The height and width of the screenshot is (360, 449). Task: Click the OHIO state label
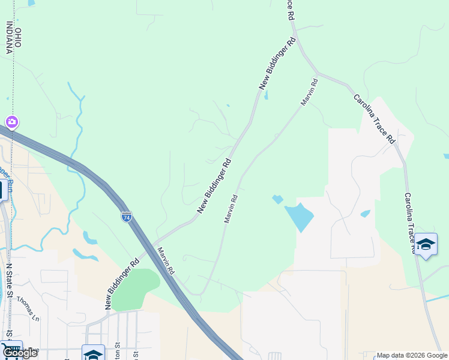pyautogui.click(x=18, y=38)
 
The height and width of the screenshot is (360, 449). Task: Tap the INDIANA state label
pyautogui.click(x=10, y=37)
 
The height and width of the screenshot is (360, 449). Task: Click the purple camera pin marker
pyautogui.click(x=11, y=123)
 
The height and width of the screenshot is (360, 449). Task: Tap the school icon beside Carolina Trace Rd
pyautogui.click(x=426, y=245)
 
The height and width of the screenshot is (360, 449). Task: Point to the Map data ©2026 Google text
pyautogui.click(x=411, y=355)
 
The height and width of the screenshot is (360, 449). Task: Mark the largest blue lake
pyautogui.click(x=298, y=217)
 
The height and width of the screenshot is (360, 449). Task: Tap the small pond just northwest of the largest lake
pyautogui.click(x=277, y=199)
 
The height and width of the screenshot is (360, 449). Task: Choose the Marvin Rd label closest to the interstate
pyautogui.click(x=166, y=262)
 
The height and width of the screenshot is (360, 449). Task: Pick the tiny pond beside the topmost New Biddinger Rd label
pyautogui.click(x=266, y=95)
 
